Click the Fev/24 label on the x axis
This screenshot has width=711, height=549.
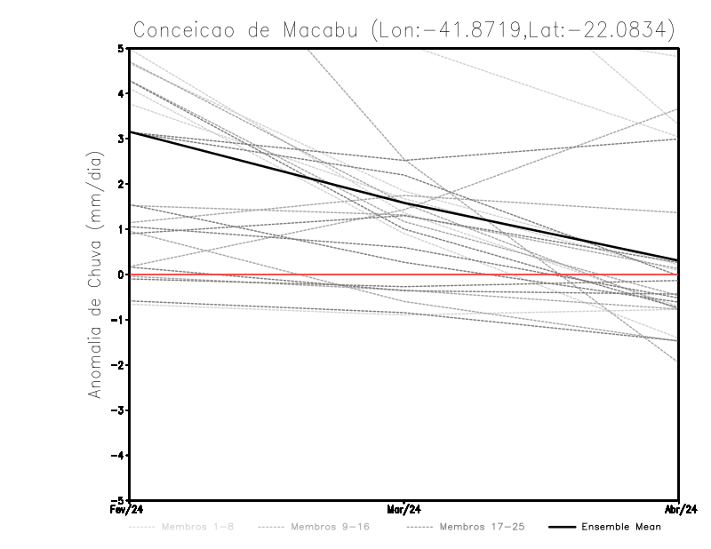coord(130,510)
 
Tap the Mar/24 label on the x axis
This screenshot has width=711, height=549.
coord(404,510)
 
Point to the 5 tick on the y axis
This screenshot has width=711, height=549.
coord(121,48)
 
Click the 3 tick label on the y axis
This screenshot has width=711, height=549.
coord(121,139)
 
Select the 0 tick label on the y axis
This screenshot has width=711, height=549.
coord(121,274)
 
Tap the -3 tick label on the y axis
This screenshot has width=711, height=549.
coord(118,410)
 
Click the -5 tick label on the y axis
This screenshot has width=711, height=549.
coord(118,500)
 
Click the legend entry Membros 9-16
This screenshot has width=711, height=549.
coord(329,527)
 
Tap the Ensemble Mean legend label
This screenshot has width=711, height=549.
coord(621,527)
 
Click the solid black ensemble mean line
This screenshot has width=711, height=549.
coord(267,169)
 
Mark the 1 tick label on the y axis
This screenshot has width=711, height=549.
coord(121,229)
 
